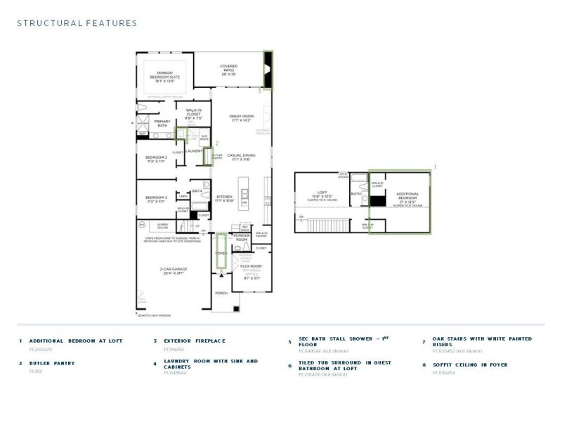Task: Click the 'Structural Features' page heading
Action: coord(77,23)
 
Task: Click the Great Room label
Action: coord(240,118)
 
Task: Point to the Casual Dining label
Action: coord(240,157)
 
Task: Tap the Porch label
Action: coord(221,294)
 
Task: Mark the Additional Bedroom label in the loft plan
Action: coord(407,195)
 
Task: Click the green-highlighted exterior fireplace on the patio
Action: coord(268,69)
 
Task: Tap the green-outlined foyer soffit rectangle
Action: coord(221,251)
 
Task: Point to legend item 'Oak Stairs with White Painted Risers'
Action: coord(482,341)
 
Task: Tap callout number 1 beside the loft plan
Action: coord(435,167)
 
